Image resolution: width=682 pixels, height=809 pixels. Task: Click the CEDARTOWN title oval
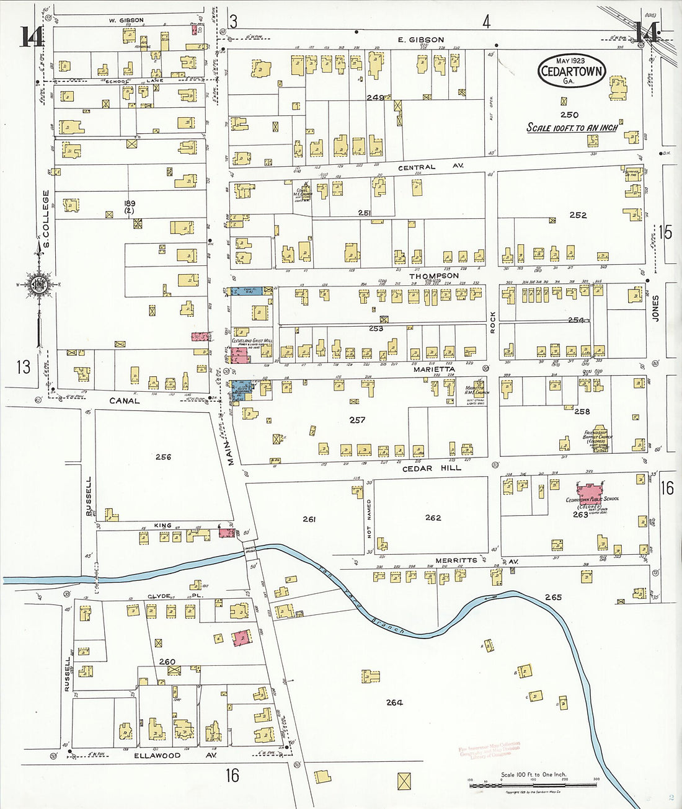coord(570,71)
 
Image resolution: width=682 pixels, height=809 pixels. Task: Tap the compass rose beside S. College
coord(38,285)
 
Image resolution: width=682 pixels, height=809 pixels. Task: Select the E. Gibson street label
coord(421,40)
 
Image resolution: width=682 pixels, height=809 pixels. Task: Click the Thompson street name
coord(434,276)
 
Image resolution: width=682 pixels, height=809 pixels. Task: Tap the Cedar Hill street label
coord(432,468)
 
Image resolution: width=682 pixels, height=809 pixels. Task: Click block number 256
coord(163,457)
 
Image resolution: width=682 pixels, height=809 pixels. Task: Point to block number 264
coord(394,702)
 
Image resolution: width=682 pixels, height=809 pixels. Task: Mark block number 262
coord(433,518)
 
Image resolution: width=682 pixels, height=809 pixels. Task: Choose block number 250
coord(569,115)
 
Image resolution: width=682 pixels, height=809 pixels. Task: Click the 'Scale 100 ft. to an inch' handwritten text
coord(572,128)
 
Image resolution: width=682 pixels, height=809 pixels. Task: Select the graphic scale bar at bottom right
coord(533,785)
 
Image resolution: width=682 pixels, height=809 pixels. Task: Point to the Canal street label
coord(125,401)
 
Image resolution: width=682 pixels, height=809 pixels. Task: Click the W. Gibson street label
coord(126,20)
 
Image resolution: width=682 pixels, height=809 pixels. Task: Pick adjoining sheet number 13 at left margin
coord(23,367)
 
